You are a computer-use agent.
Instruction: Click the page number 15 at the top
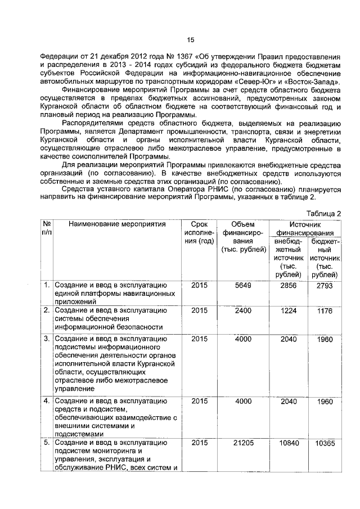tap(190, 39)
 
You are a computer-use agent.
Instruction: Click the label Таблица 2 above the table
tap(324, 214)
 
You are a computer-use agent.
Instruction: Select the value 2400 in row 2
tap(242, 310)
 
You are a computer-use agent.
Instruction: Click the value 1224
tap(287, 310)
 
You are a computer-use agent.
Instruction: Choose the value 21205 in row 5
tap(242, 443)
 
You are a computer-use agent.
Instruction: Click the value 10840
tap(287, 443)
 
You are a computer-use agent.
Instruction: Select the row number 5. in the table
tap(47, 443)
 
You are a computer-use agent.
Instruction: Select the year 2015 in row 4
tap(199, 401)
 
